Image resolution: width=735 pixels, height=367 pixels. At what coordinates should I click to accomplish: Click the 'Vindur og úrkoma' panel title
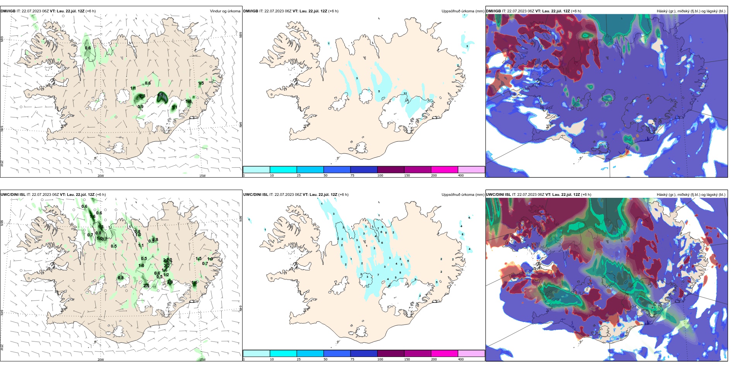pyautogui.click(x=225, y=11)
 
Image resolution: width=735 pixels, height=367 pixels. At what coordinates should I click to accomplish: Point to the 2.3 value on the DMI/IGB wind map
pyautogui.click(x=142, y=96)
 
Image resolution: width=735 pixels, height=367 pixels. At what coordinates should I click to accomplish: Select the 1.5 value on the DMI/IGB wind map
pyautogui.click(x=201, y=83)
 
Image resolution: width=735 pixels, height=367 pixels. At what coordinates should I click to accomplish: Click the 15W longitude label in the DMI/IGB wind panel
pyautogui.click(x=202, y=176)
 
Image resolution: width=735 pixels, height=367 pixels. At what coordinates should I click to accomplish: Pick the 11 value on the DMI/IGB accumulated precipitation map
pyautogui.click(x=405, y=93)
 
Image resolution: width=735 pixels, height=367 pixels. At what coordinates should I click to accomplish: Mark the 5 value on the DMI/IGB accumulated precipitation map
pyautogui.click(x=379, y=92)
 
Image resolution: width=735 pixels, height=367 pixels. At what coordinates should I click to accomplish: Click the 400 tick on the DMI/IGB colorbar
pyautogui.click(x=461, y=175)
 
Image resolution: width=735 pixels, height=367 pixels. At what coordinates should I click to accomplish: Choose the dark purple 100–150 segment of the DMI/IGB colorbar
pyautogui.click(x=391, y=170)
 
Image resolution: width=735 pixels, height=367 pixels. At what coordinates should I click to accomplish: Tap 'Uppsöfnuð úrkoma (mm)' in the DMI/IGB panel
pyautogui.click(x=463, y=11)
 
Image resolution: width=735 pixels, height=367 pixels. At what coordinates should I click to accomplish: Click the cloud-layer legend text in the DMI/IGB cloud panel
pyautogui.click(x=691, y=11)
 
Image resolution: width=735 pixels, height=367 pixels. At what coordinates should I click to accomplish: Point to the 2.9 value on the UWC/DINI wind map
pyautogui.click(x=170, y=282)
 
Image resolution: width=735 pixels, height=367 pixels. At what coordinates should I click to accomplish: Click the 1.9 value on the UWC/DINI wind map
pyautogui.click(x=210, y=259)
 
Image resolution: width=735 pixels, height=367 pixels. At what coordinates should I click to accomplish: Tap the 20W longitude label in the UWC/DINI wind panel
pyautogui.click(x=101, y=360)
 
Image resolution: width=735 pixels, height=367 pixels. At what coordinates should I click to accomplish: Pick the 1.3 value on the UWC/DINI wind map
pyautogui.click(x=101, y=227)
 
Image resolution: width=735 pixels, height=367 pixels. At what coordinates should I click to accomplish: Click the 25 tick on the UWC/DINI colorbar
pyautogui.click(x=299, y=359)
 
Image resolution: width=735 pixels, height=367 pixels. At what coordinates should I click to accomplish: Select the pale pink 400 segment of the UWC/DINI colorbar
pyautogui.click(x=471, y=353)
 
